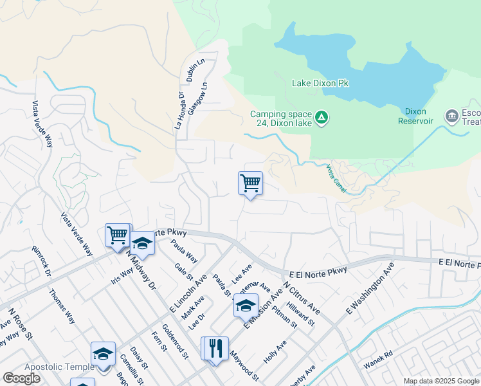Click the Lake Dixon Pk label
tap(320, 83)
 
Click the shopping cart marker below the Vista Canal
tap(250, 183)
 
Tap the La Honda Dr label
tap(180, 111)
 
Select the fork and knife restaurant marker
tap(216, 349)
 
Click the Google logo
tap(21, 378)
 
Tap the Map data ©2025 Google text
tap(440, 381)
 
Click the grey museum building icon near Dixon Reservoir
tap(451, 116)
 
